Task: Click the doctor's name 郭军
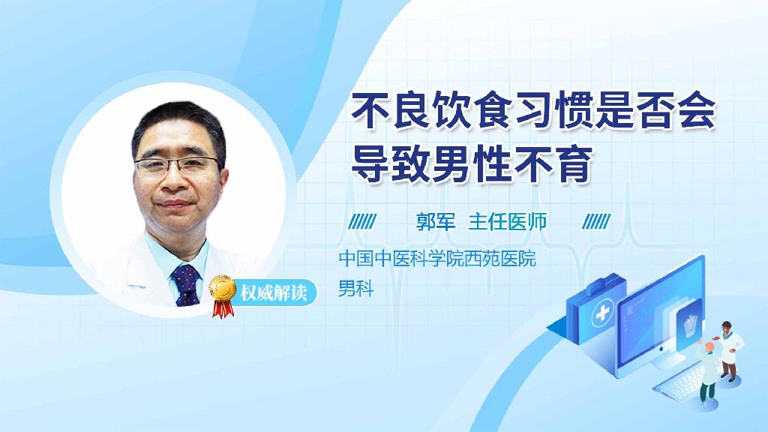pyautogui.click(x=436, y=222)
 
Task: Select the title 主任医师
pyautogui.click(x=508, y=222)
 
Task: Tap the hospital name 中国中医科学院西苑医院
pyautogui.click(x=437, y=260)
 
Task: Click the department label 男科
pyautogui.click(x=355, y=288)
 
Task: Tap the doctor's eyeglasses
pyautogui.click(x=178, y=166)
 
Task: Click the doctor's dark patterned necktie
pyautogui.click(x=185, y=284)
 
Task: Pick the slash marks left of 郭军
pyautogui.click(x=363, y=222)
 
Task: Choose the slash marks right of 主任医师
pyautogui.click(x=596, y=222)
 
